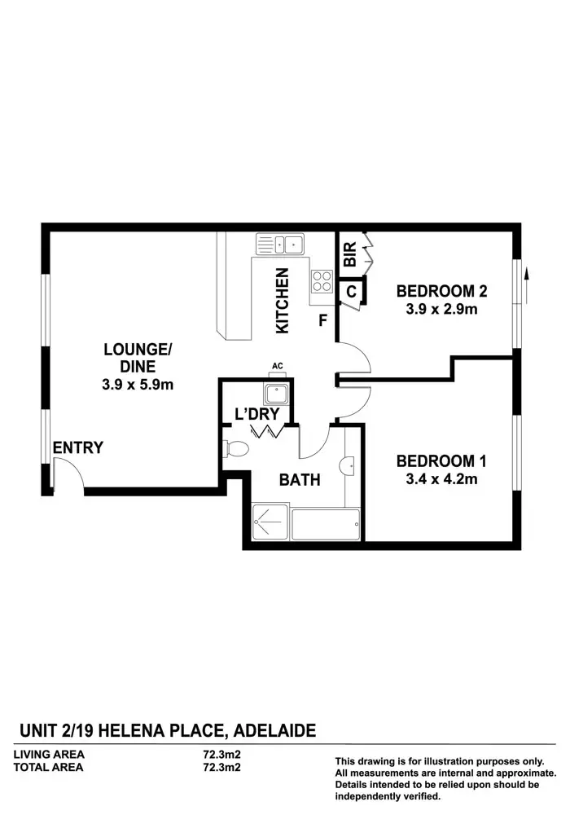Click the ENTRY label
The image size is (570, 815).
(78, 447)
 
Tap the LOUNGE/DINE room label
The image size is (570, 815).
(138, 359)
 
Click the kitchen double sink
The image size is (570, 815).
(280, 243)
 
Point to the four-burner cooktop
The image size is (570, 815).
(322, 281)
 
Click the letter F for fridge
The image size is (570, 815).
(322, 320)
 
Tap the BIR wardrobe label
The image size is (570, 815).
(349, 254)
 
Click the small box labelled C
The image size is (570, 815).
(352, 290)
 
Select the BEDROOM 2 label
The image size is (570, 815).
(441, 291)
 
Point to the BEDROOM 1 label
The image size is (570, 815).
(441, 461)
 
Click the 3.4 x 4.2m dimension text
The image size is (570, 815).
(441, 479)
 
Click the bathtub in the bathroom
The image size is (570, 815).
(324, 524)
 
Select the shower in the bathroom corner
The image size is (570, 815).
(269, 522)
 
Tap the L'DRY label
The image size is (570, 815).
(257, 414)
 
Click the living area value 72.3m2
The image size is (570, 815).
(221, 755)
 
